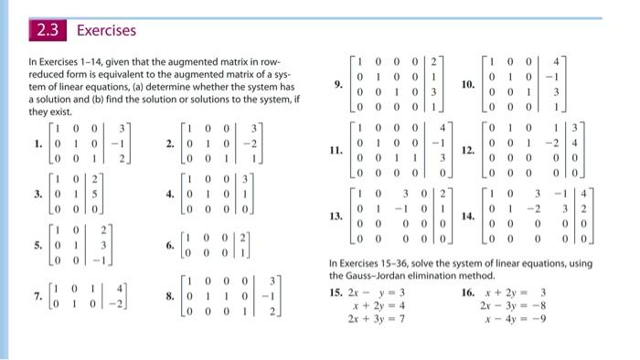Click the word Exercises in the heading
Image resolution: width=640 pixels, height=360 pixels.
click(x=106, y=31)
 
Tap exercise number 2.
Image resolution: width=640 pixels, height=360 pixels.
click(x=171, y=144)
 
